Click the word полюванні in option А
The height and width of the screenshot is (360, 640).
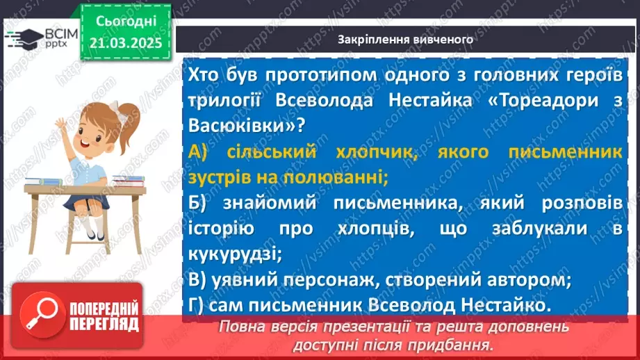click(339, 178)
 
